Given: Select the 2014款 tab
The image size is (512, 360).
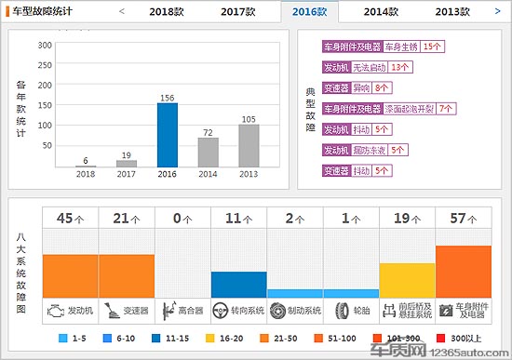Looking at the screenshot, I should (381, 12).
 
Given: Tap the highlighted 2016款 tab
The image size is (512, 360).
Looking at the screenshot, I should (308, 12).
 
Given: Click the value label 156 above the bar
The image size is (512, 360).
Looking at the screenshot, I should (168, 97).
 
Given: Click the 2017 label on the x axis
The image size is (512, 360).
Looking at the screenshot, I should (126, 174).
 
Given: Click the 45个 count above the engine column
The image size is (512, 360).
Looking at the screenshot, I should (70, 220).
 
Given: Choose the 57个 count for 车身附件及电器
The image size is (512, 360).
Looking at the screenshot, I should (464, 220).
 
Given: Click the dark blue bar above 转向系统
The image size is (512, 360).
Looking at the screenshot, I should (238, 284).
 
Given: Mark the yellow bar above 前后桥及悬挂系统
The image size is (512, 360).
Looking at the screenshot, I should (407, 280).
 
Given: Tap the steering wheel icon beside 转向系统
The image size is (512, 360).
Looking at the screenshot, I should (221, 310).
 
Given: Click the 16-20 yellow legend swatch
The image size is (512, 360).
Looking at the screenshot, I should (215, 338).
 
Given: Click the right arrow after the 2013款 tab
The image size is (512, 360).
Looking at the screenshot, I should (499, 12).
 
